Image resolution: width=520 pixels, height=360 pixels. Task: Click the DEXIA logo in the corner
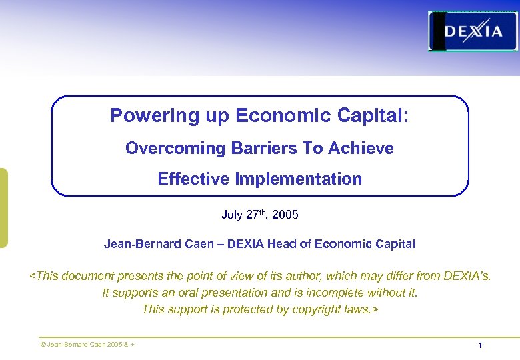473,31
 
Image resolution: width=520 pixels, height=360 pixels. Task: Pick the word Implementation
297,179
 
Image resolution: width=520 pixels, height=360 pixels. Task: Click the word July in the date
232,215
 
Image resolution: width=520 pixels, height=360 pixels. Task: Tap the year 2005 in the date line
285,215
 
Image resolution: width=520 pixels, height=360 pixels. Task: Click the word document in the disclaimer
89,276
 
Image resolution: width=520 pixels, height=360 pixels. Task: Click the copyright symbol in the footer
43,345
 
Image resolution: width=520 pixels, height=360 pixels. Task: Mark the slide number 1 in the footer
479,345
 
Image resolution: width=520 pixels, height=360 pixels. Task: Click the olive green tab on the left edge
3,208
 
